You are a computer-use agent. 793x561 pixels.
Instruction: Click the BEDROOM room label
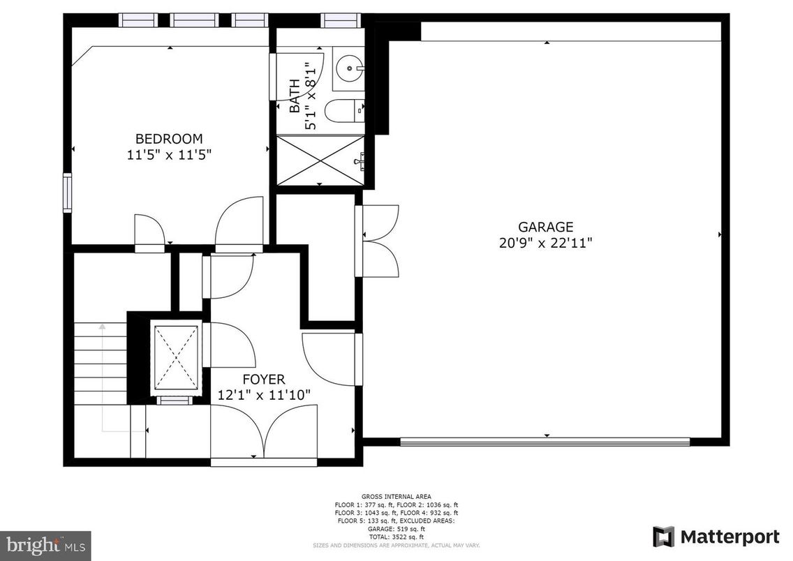point(169,138)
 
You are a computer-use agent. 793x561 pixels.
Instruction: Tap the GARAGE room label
point(545,227)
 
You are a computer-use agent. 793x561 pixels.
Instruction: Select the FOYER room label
point(263,380)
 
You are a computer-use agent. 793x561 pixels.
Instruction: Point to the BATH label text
point(295,96)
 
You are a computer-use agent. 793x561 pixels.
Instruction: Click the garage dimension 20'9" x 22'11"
point(545,243)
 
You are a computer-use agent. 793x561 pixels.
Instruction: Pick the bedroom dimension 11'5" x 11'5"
point(169,154)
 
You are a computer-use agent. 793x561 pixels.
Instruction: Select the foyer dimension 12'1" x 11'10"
point(264,395)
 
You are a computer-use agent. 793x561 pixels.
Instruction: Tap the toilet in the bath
point(347,110)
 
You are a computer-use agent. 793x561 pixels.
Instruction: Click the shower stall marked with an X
point(321,160)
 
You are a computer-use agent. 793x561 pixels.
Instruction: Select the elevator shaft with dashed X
point(175,357)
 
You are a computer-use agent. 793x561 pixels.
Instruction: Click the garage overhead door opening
point(544,442)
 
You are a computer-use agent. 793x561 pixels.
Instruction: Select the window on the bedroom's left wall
point(68,193)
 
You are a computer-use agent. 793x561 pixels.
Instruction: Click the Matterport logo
point(716,537)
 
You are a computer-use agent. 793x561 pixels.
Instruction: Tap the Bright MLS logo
point(46,543)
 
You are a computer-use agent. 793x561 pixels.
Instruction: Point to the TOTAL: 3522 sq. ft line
point(396,537)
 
